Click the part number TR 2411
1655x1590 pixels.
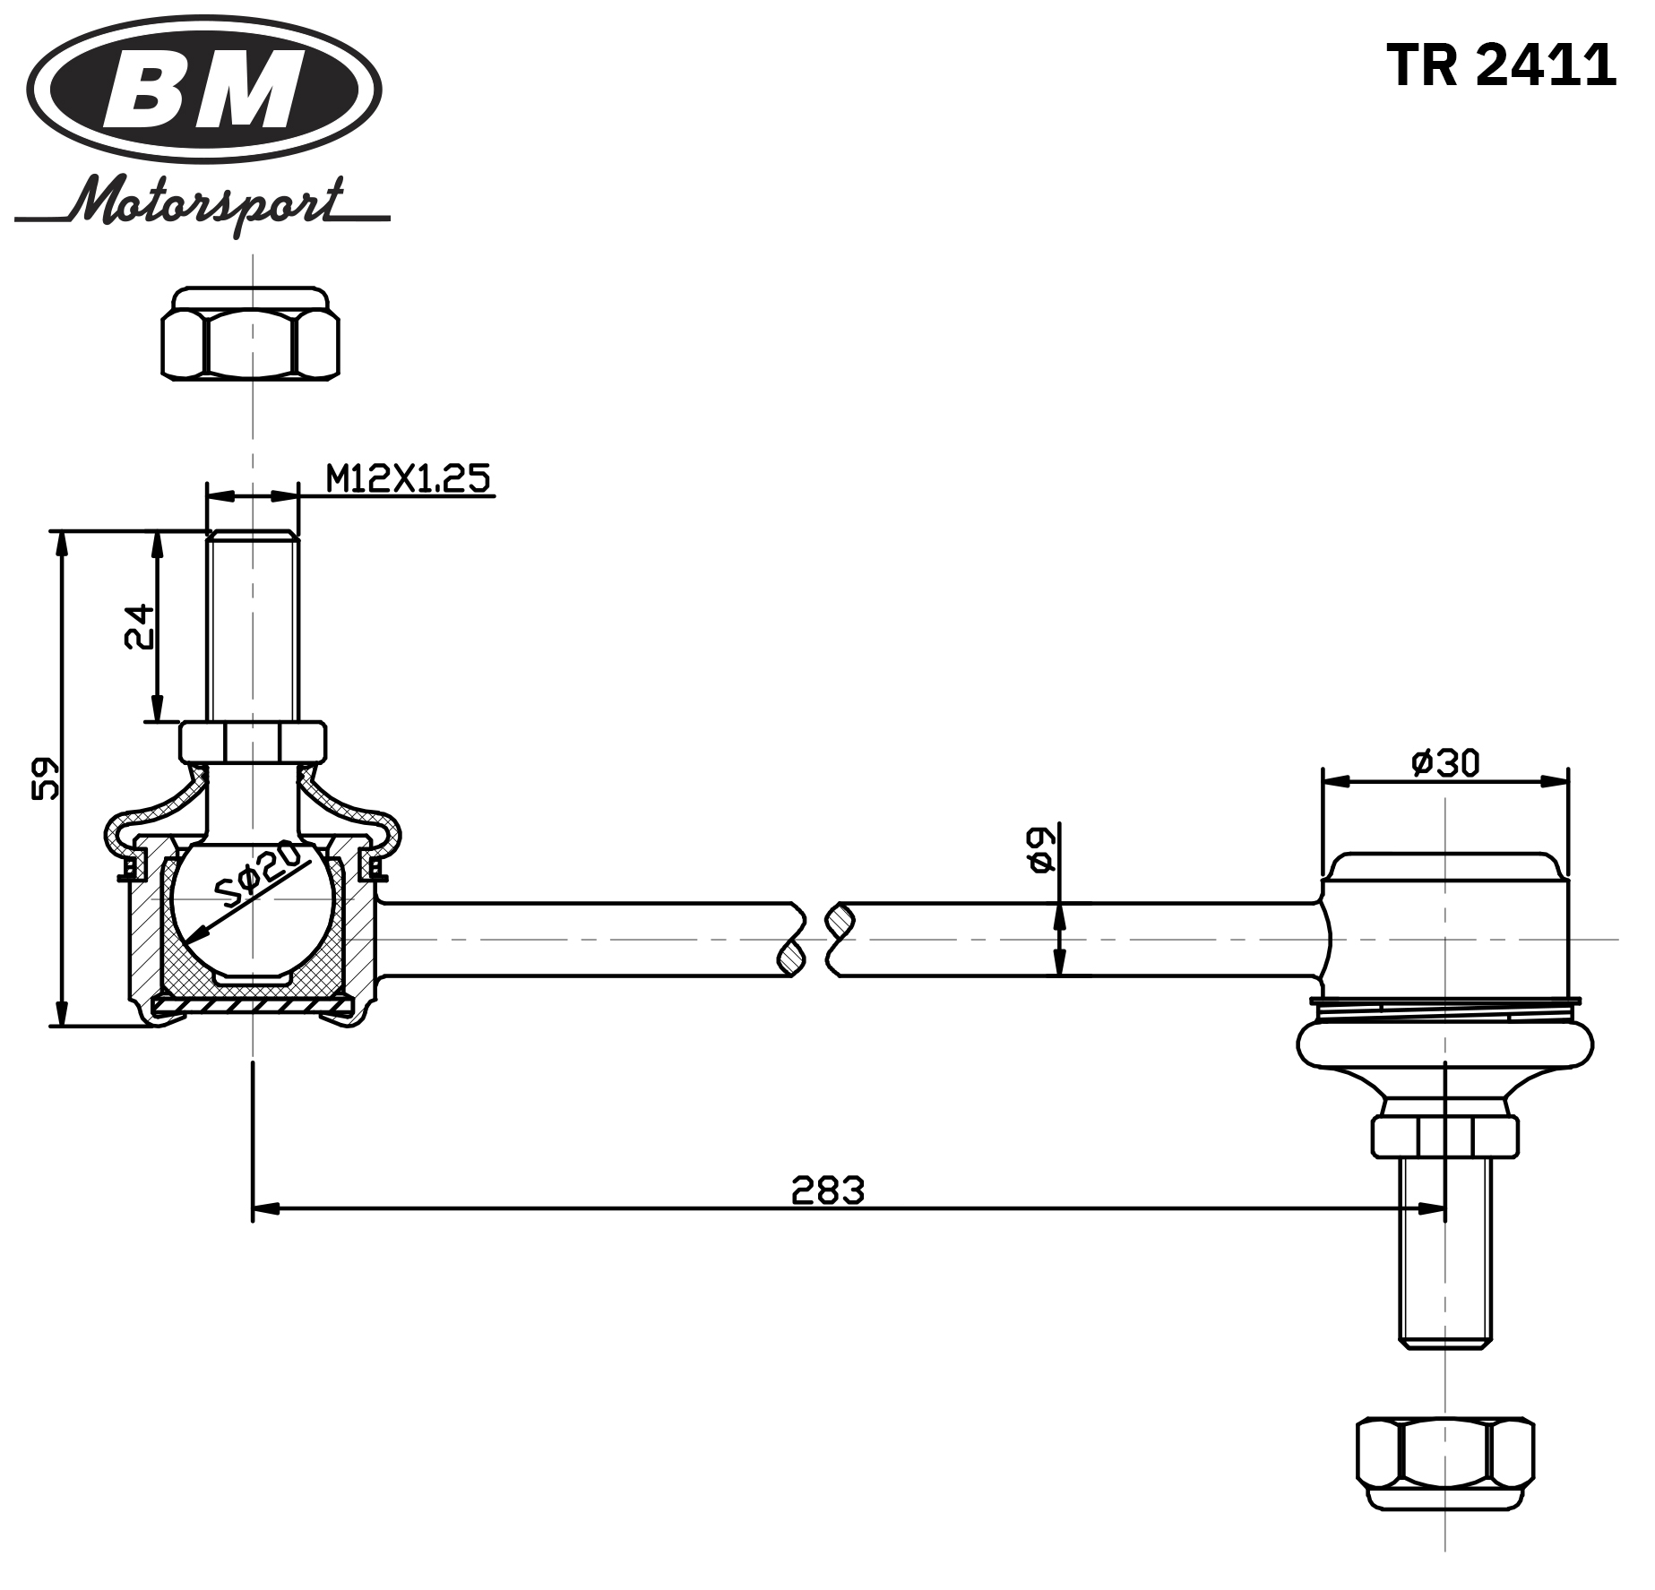tap(1500, 64)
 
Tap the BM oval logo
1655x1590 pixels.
tap(204, 90)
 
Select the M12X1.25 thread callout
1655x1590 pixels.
tap(408, 479)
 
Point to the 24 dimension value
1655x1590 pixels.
tap(139, 626)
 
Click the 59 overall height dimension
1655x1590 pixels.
tap(45, 778)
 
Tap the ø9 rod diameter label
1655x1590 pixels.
tap(1039, 848)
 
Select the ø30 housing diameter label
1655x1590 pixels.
tap(1445, 762)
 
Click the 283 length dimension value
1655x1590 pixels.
tap(827, 1190)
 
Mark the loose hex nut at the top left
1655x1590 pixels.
tap(251, 333)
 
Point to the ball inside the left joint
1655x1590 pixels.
tap(253, 905)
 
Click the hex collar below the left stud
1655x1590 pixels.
tap(252, 742)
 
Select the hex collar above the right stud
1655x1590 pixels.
tap(1444, 1135)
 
